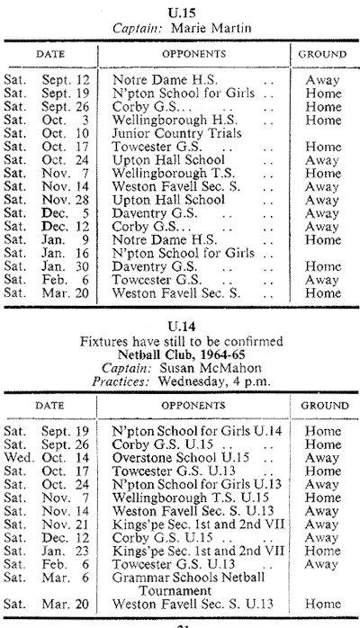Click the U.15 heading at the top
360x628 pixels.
pyautogui.click(x=182, y=13)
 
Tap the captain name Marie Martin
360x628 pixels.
pyautogui.click(x=211, y=28)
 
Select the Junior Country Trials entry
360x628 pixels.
pyautogui.click(x=176, y=133)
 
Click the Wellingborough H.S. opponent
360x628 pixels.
pyautogui.click(x=175, y=121)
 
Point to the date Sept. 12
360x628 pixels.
pyautogui.click(x=66, y=80)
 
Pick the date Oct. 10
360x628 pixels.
pyautogui.click(x=66, y=133)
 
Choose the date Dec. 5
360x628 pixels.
pyautogui.click(x=66, y=213)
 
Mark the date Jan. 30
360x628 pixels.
pyautogui.click(x=66, y=266)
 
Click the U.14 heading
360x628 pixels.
pyautogui.click(x=182, y=327)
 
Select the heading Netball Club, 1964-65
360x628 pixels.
pyautogui.click(x=182, y=354)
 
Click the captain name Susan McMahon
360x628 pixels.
pyautogui.click(x=211, y=368)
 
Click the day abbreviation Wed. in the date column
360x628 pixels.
pyautogui.click(x=14, y=458)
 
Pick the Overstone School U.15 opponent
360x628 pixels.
pyautogui.click(x=181, y=458)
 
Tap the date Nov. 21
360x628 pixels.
pyautogui.click(x=65, y=525)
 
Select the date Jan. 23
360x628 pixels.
pyautogui.click(x=65, y=551)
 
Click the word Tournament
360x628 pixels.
pyautogui.click(x=175, y=591)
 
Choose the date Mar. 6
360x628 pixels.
pyautogui.click(x=65, y=578)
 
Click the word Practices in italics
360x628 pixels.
pyautogui.click(x=121, y=381)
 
